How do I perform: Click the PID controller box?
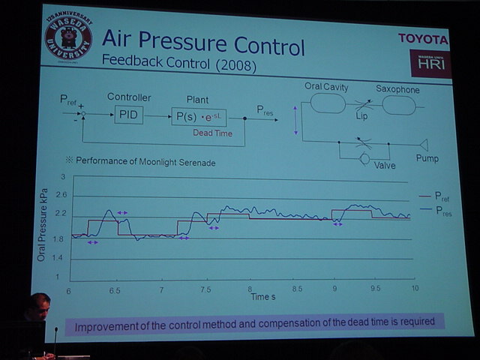pyautogui.click(x=129, y=115)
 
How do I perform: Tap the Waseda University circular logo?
pyautogui.click(x=70, y=37)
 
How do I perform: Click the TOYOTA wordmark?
pyautogui.click(x=423, y=39)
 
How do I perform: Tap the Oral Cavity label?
pyautogui.click(x=326, y=87)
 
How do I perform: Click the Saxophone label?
pyautogui.click(x=397, y=90)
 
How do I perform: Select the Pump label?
pyautogui.click(x=427, y=158)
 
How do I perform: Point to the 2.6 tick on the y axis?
pyautogui.click(x=60, y=195)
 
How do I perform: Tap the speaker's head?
pyautogui.click(x=37, y=307)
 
